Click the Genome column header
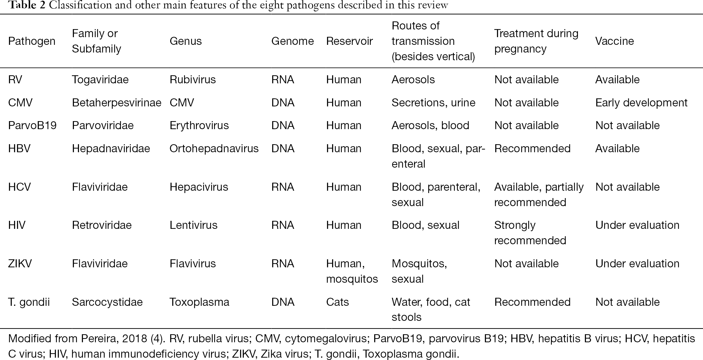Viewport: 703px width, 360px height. pyautogui.click(x=292, y=41)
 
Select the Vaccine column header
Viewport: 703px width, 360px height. pyautogui.click(x=614, y=41)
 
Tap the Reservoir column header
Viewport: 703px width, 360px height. pyautogui.click(x=349, y=41)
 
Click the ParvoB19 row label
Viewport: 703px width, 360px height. pyautogui.click(x=32, y=125)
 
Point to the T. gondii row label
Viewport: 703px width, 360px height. pyautogui.click(x=29, y=302)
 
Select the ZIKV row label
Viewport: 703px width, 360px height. pyautogui.click(x=20, y=264)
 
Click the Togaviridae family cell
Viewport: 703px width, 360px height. pyautogui.click(x=100, y=80)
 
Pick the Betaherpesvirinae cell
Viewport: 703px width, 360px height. pyautogui.click(x=116, y=103)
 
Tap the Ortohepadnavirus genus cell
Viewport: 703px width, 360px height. pyautogui.click(x=214, y=149)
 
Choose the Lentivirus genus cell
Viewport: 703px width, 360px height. pyautogui.click(x=193, y=225)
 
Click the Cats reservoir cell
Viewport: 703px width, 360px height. pyautogui.click(x=337, y=302)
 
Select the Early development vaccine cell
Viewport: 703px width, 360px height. pyautogui.click(x=641, y=103)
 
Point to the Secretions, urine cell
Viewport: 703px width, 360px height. pyautogui.click(x=433, y=103)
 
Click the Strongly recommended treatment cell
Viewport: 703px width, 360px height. pyautogui.click(x=530, y=233)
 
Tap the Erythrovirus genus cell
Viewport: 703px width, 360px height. pyautogui.click(x=199, y=125)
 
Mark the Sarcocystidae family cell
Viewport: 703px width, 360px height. pyautogui.click(x=107, y=302)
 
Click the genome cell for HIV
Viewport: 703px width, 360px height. pyautogui.click(x=283, y=225)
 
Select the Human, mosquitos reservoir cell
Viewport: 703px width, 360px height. pyautogui.click(x=352, y=271)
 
